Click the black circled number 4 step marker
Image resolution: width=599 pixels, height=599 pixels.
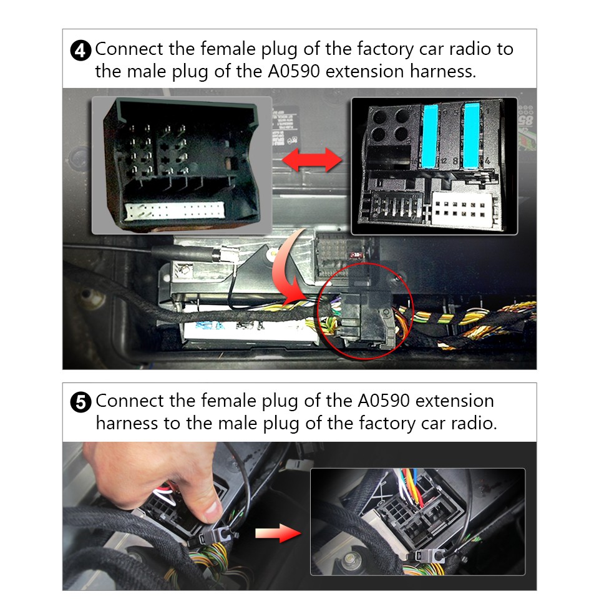tap(82, 50)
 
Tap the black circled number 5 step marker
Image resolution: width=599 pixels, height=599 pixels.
tap(82, 402)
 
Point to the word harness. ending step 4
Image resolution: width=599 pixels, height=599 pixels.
tap(442, 71)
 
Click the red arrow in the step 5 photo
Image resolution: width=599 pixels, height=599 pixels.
tap(278, 533)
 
